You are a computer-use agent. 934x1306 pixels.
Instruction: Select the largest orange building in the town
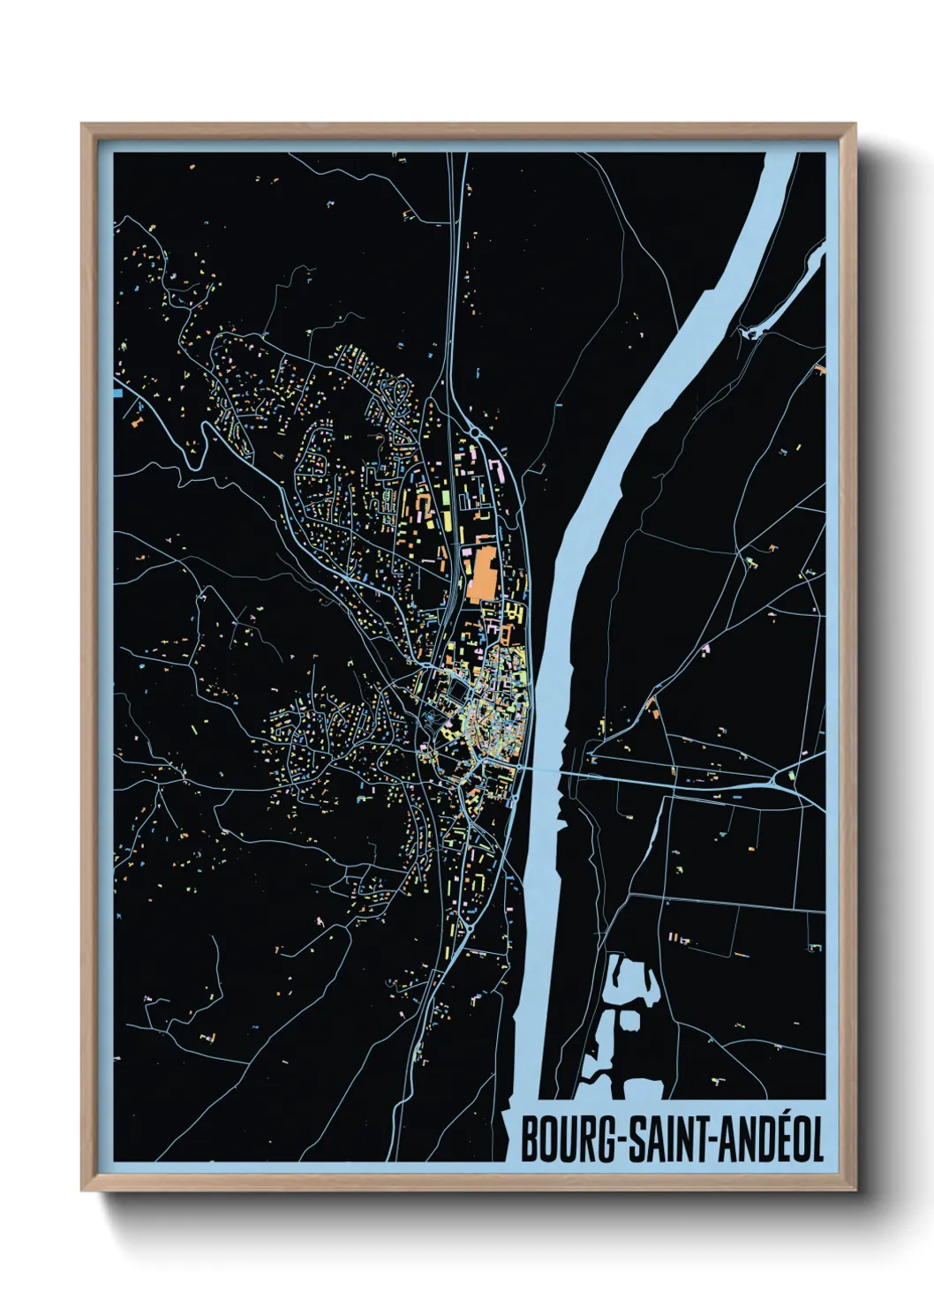pos(482,574)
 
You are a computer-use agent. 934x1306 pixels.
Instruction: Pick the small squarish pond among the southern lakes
pos(629,1020)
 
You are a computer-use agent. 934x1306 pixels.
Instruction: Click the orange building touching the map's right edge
pos(821,368)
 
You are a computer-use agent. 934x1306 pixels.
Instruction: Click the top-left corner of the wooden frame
pos(82,124)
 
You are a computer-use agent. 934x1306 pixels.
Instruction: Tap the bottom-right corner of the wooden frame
pos(855,1190)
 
